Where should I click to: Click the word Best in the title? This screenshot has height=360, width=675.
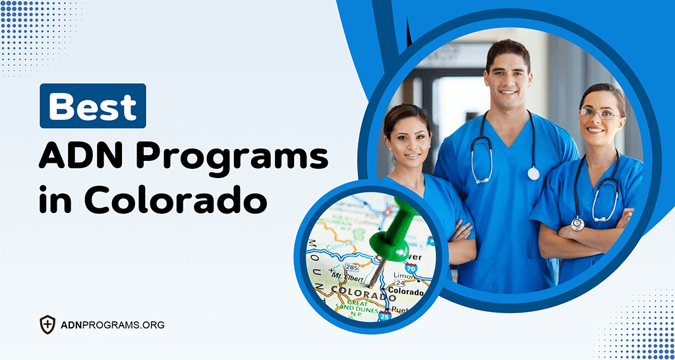pyautogui.click(x=93, y=106)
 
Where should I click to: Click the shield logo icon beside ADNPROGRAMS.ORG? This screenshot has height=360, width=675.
pyautogui.click(x=47, y=324)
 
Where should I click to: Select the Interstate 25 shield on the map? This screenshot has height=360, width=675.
pyautogui.click(x=384, y=317)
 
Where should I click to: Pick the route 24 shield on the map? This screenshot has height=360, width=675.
pyautogui.click(x=399, y=284)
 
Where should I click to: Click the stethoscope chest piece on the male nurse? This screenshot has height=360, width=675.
pyautogui.click(x=533, y=173)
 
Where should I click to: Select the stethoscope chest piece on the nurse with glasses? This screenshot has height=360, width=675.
pyautogui.click(x=578, y=223)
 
